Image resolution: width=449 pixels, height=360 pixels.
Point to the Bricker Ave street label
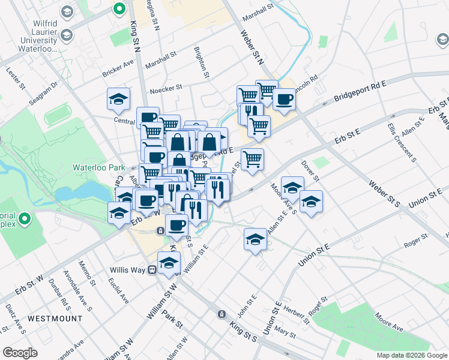coord(118,68)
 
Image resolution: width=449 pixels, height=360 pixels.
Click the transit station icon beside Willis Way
coord(152,270)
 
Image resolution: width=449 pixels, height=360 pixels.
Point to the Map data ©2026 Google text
coord(412,355)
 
